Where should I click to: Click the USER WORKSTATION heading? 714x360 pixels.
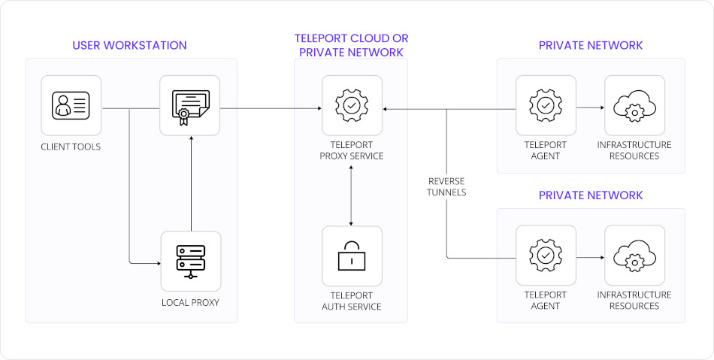point(129,45)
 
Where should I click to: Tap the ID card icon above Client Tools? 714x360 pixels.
point(71,105)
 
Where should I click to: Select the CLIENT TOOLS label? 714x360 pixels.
point(71,147)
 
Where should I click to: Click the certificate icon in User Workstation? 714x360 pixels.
point(190,105)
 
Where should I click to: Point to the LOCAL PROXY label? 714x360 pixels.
point(190,303)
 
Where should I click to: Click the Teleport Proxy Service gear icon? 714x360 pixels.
point(352,105)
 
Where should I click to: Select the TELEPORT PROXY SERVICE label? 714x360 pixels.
point(352,151)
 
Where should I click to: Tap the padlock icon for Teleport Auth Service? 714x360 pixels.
point(352,256)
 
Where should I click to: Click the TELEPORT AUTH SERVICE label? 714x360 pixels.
point(352,301)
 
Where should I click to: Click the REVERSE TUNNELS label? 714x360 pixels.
point(447,187)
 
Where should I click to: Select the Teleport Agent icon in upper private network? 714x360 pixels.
point(546,105)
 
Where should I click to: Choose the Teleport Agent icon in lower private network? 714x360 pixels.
point(546,256)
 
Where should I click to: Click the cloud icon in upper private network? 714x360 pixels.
point(634,105)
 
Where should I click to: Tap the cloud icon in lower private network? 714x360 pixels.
point(634,256)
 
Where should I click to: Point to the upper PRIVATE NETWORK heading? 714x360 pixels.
point(591,45)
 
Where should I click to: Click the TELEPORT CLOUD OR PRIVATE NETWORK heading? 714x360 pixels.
point(352,45)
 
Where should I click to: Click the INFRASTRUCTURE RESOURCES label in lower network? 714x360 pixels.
point(634,301)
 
